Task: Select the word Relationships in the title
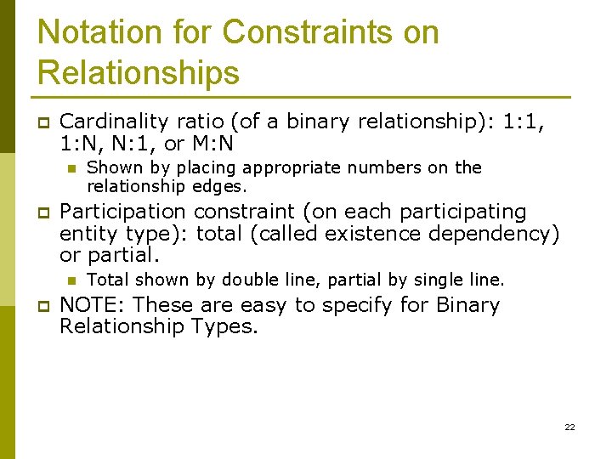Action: [139, 73]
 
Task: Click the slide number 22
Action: [569, 427]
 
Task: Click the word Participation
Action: [122, 211]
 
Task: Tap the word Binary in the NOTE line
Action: [467, 304]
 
